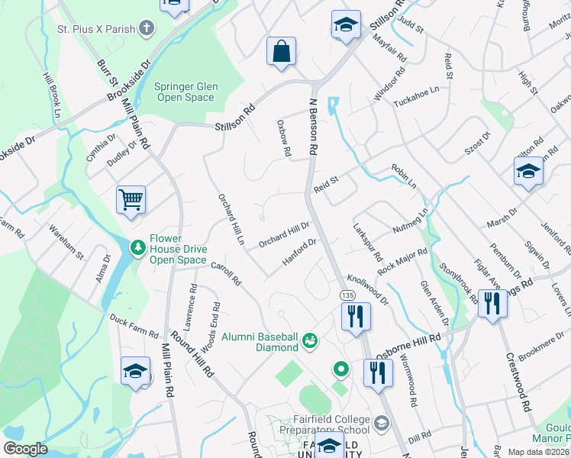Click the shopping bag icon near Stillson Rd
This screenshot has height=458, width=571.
(282, 52)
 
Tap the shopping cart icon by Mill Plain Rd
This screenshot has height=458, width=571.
(131, 200)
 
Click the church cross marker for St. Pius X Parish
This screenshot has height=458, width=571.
(146, 29)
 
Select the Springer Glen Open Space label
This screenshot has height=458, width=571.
(185, 92)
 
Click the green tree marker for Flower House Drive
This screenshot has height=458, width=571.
(137, 247)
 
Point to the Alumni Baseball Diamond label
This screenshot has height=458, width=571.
(260, 342)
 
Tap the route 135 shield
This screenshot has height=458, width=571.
(348, 295)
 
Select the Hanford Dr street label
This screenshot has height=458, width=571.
(300, 251)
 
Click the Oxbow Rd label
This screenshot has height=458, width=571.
(284, 138)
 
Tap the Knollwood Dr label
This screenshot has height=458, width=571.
(368, 289)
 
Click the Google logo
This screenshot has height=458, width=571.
(25, 449)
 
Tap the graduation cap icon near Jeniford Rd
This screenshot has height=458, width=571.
(528, 172)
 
